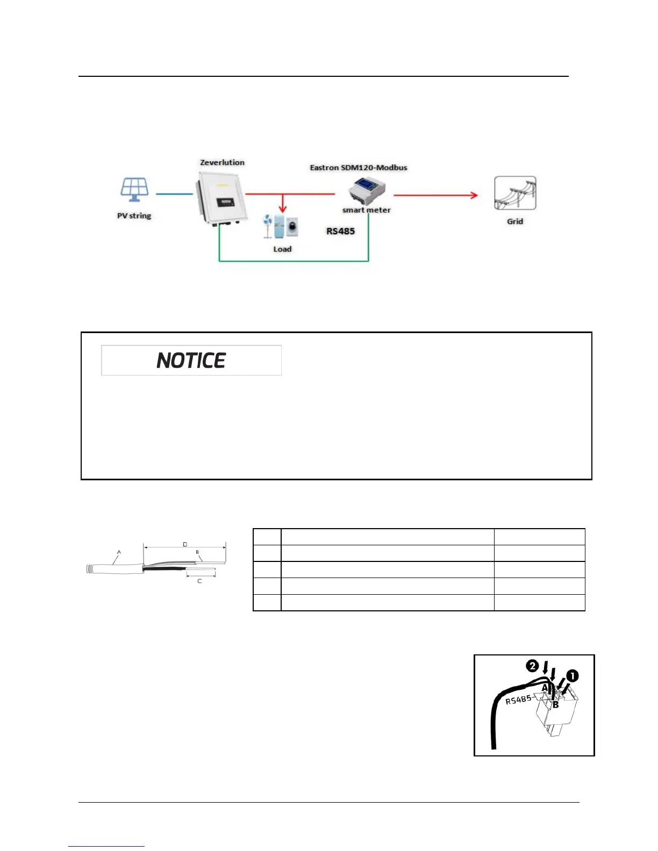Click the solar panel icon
coord(134,189)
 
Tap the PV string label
coord(134,216)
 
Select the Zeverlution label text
coord(222,162)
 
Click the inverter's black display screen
coord(225,203)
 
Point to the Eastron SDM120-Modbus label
coord(358,168)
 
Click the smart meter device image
coord(366,191)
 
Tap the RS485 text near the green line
coord(340,232)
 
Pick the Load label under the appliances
coord(282,249)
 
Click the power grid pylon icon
coord(515,193)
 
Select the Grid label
coord(514,221)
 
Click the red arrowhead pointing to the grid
coord(474,195)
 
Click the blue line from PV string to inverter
coord(174,194)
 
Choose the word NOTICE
coord(191,360)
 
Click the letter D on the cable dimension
coord(185,544)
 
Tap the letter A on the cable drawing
coord(119,552)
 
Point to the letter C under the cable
coord(199,581)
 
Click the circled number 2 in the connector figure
coord(532,666)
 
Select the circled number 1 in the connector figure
coord(572,676)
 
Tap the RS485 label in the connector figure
coord(518,699)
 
